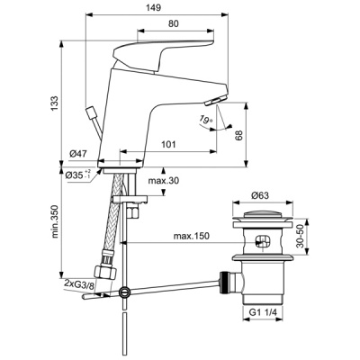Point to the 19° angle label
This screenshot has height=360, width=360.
pyautogui.click(x=206, y=120)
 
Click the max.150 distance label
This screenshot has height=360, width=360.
pyautogui.click(x=192, y=237)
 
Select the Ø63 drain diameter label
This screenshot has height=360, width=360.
pyautogui.click(x=259, y=195)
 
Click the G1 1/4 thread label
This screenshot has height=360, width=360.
pyautogui.click(x=261, y=314)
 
